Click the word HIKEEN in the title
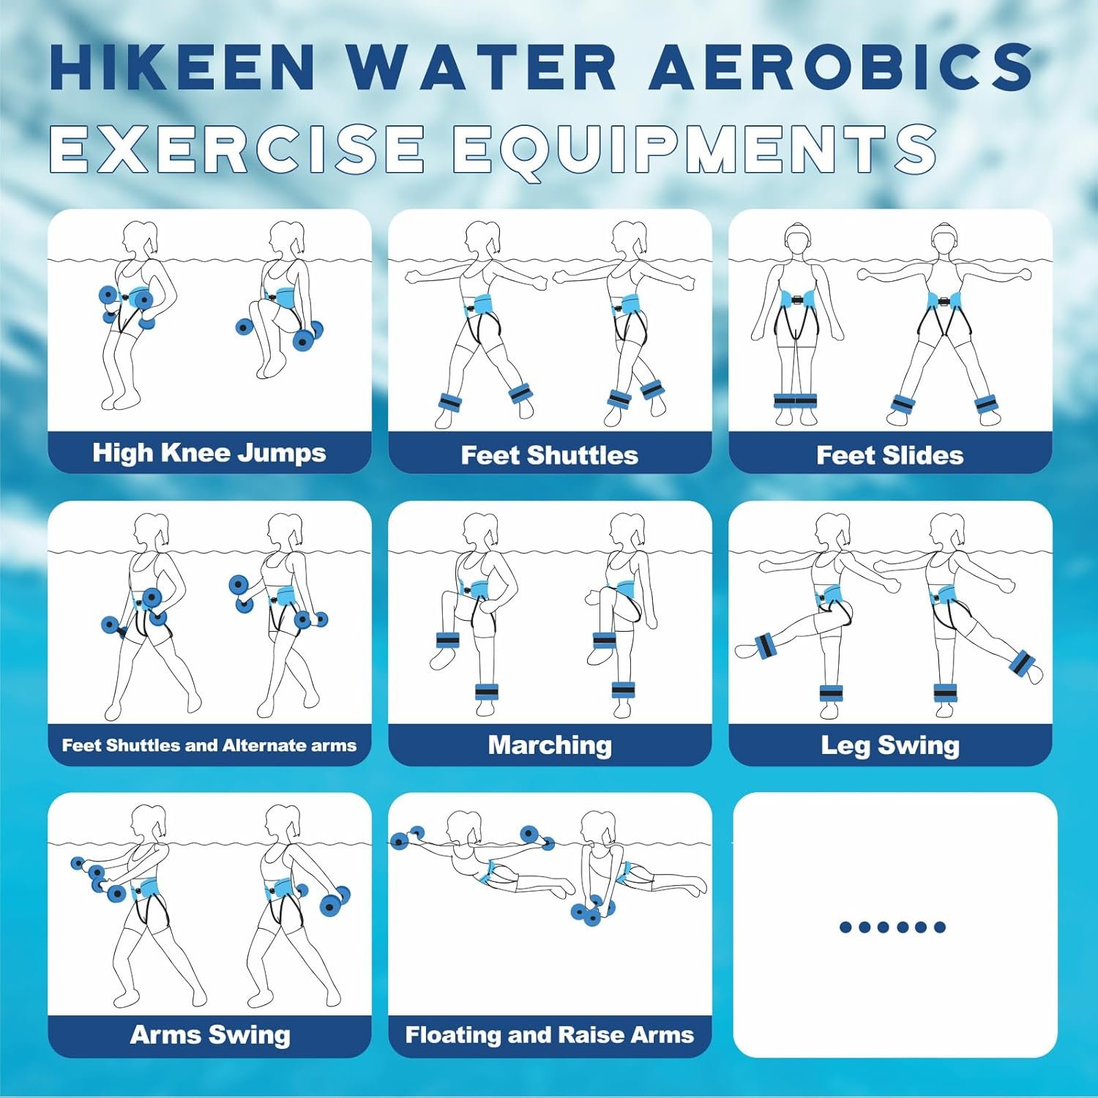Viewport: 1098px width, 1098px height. point(183,67)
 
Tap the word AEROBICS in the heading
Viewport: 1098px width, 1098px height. point(841,67)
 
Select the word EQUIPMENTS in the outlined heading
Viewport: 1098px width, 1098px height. point(695,149)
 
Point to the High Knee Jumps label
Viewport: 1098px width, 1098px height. point(209,453)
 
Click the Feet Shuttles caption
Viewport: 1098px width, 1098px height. point(550,455)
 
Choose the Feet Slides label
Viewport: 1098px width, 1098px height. point(890,455)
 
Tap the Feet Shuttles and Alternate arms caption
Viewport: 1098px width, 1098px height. point(209,745)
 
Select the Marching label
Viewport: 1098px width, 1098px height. point(550,745)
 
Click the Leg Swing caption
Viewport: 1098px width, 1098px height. point(890,745)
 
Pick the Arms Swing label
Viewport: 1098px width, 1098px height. point(210,1035)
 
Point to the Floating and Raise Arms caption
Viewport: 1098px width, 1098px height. point(550,1035)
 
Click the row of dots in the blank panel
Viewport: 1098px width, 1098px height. point(893,927)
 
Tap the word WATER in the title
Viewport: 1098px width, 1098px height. point(482,67)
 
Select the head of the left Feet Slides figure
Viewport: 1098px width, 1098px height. point(796,239)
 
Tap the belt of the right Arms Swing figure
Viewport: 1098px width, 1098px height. point(283,890)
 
